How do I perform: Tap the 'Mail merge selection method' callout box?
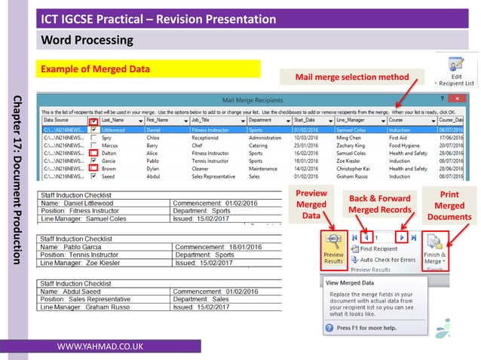tap(351, 77)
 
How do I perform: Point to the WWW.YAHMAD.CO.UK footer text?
tap(102, 346)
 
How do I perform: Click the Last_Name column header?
tap(117, 120)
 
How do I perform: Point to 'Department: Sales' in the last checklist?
tap(203, 299)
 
